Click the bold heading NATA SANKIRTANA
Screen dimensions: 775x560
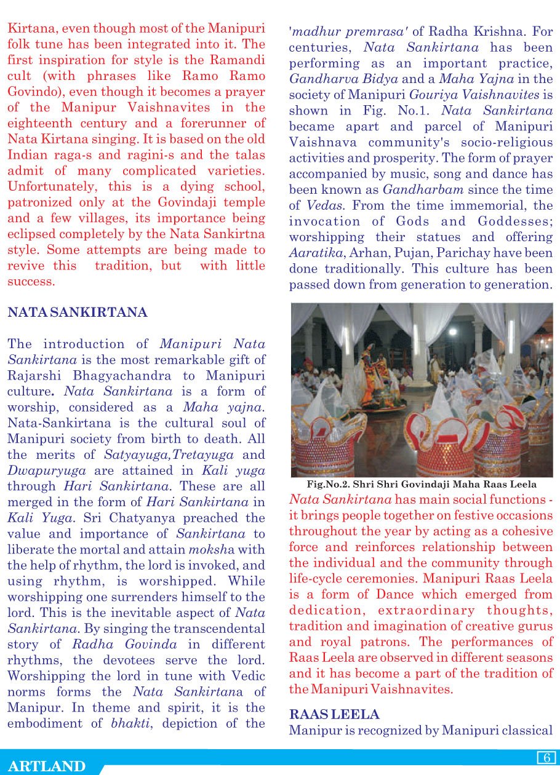78,312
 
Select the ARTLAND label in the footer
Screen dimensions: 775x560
47,766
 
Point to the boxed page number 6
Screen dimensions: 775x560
546,758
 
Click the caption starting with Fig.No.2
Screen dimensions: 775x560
422,485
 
